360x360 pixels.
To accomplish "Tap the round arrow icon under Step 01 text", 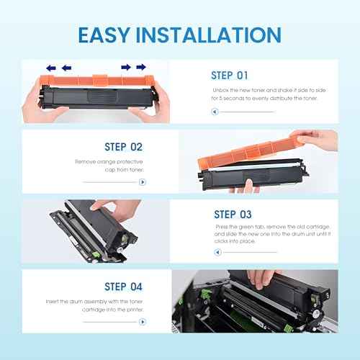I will coord(214,112).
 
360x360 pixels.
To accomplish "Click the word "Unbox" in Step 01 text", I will coord(220,91).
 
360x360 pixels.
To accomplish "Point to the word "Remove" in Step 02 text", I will coord(85,163).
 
